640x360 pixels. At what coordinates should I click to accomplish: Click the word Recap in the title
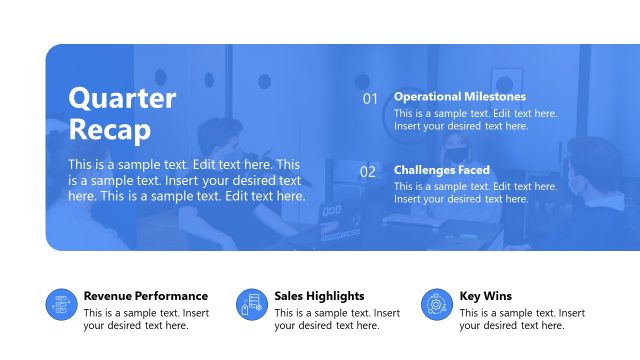tap(110, 130)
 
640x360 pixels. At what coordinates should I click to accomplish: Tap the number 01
tap(370, 99)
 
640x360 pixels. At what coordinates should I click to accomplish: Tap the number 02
tap(368, 172)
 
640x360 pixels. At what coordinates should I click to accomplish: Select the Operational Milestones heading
tap(459, 97)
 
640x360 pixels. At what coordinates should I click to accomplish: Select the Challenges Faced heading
tap(441, 170)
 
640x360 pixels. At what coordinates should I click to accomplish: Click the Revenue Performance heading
tap(145, 296)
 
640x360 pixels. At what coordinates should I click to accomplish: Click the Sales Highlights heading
tap(319, 296)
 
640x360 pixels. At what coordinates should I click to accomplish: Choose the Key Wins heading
tap(485, 296)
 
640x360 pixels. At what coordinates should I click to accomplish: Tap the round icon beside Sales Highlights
tap(252, 305)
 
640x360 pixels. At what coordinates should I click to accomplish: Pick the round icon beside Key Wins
tap(436, 305)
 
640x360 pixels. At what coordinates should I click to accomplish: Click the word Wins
tap(497, 296)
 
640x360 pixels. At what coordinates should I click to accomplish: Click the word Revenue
tap(106, 296)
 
